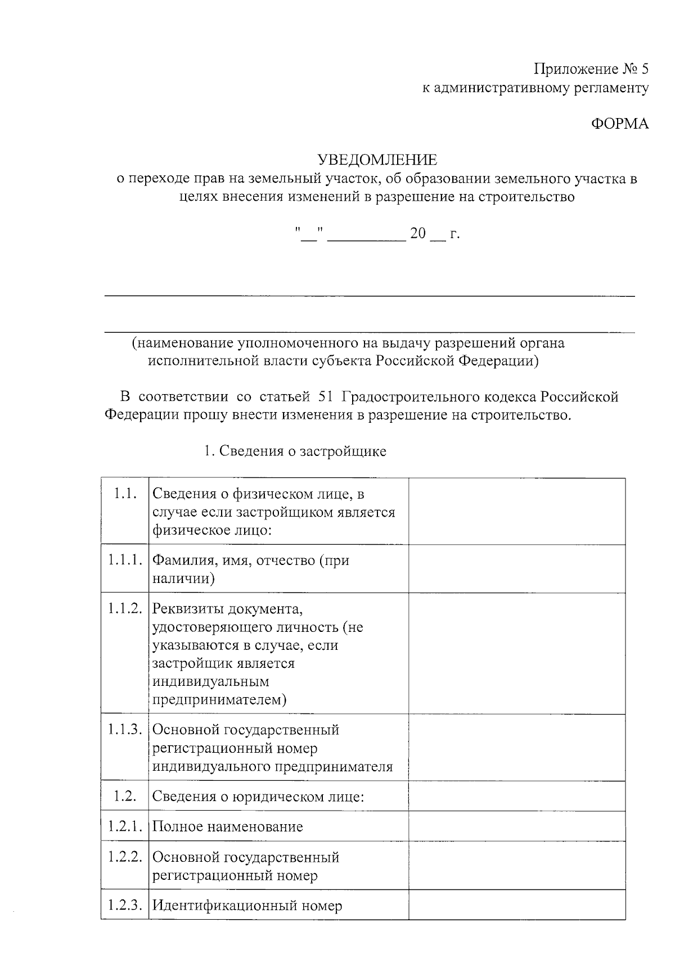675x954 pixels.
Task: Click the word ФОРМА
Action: point(619,124)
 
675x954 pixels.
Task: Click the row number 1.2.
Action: point(124,796)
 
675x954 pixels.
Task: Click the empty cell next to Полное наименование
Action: point(516,826)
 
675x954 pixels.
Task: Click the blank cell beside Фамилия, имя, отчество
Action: point(516,568)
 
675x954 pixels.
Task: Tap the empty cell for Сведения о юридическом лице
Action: point(516,796)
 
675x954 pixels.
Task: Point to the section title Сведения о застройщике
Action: point(302,451)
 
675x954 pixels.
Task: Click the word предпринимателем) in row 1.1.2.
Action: point(219,700)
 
